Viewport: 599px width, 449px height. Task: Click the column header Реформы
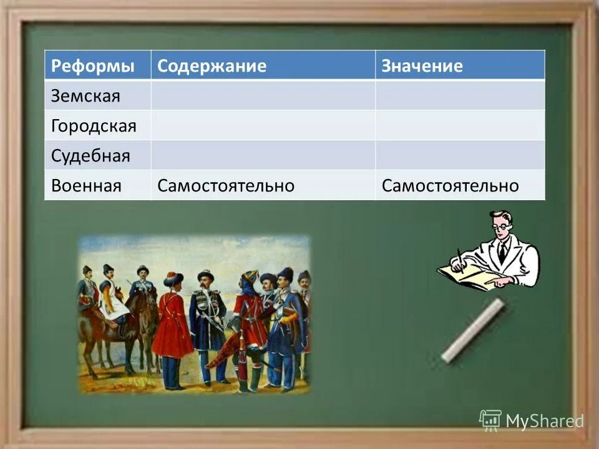(92, 66)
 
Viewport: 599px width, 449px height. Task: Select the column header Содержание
(212, 66)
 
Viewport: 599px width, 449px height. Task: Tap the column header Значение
(422, 66)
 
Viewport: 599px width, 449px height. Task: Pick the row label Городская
(93, 126)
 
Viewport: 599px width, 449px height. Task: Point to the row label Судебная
(90, 155)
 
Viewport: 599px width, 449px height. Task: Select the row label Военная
(85, 185)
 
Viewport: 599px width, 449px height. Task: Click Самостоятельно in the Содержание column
(225, 185)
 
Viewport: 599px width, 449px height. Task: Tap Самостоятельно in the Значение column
(450, 185)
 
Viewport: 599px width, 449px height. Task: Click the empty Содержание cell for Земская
(263, 95)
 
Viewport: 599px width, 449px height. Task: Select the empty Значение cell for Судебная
(460, 155)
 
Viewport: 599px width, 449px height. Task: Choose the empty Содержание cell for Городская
(263, 125)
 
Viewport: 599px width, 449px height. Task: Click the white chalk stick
(472, 331)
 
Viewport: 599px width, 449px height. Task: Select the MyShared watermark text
(544, 421)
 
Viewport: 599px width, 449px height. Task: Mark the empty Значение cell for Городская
(460, 125)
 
